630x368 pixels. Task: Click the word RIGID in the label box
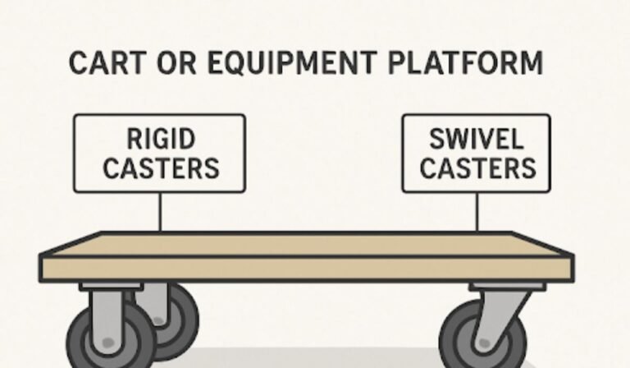(161, 138)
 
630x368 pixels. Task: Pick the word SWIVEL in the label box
(476, 138)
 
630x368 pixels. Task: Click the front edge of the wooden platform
(304, 269)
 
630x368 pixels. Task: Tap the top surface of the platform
(304, 243)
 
